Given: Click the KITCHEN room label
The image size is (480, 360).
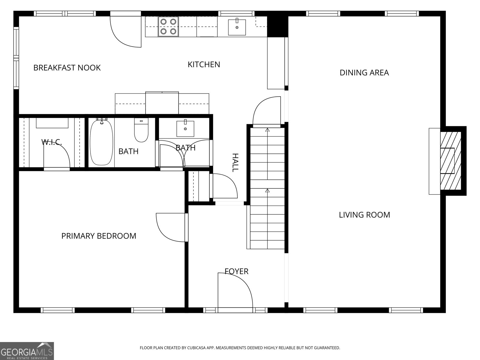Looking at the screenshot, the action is (204, 64).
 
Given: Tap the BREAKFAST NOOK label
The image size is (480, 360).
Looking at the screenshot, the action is (67, 68).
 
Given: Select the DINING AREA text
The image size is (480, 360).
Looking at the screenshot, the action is (364, 73).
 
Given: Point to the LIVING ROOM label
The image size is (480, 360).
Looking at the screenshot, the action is (364, 215).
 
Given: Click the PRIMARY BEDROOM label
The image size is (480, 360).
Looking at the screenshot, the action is (99, 236).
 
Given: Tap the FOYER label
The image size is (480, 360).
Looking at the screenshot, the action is (237, 271).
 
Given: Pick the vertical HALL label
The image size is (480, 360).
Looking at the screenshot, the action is (235, 163).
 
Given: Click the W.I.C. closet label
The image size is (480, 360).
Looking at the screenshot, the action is (52, 142).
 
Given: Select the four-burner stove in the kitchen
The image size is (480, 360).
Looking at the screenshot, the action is (168, 26).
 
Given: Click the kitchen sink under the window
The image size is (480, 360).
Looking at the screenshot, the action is (237, 27).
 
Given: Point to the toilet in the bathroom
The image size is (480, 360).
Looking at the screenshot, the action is (141, 130).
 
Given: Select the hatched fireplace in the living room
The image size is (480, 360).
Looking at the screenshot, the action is (451, 161).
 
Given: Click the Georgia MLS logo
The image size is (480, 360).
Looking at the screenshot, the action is (27, 351).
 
